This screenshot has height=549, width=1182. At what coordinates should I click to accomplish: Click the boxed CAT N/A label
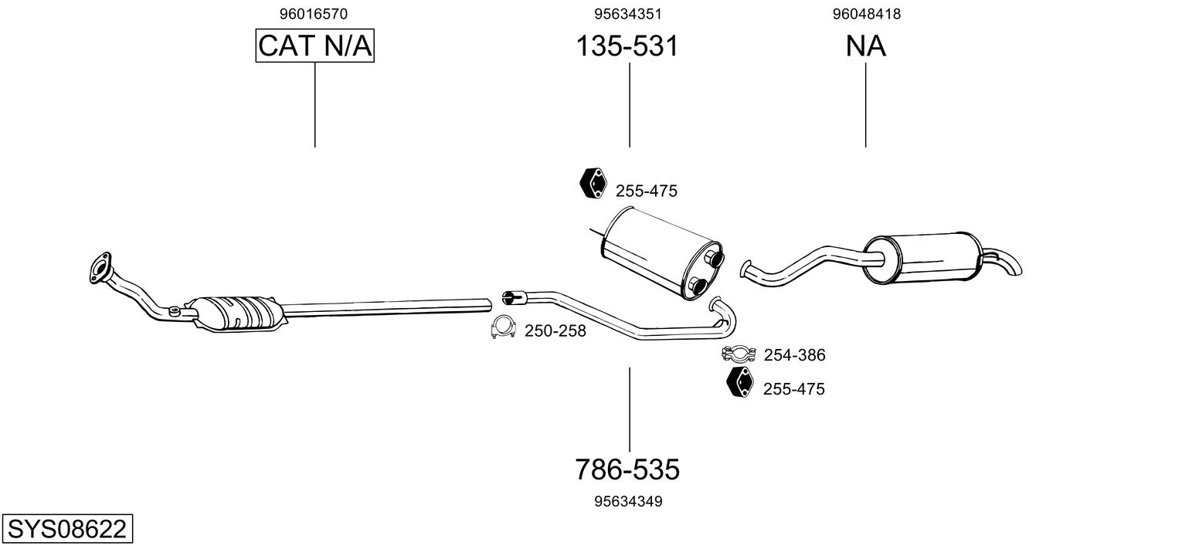[315, 46]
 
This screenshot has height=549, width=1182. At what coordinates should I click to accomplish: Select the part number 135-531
[627, 46]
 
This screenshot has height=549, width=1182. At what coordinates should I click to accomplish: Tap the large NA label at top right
[865, 46]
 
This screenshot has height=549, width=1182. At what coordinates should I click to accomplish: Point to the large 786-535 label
[627, 469]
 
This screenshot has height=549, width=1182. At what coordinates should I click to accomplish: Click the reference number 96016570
[314, 14]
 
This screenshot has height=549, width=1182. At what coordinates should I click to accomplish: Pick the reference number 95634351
[627, 14]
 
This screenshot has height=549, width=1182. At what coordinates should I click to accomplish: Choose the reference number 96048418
[867, 14]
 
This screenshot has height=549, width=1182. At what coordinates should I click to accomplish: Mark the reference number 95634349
[628, 502]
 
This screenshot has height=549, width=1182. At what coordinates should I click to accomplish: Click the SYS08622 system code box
[67, 528]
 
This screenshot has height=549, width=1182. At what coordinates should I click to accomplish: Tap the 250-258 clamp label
[555, 331]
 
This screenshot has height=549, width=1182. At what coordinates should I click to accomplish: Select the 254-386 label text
[794, 355]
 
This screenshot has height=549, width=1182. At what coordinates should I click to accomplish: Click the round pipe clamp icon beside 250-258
[503, 327]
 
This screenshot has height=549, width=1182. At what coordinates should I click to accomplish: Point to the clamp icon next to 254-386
[739, 354]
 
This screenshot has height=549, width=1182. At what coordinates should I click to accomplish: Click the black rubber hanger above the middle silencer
[593, 184]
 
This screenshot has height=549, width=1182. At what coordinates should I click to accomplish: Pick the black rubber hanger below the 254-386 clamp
[740, 381]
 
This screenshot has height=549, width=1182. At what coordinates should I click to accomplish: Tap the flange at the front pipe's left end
[100, 268]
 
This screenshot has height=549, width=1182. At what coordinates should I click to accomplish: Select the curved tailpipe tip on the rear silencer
[1005, 262]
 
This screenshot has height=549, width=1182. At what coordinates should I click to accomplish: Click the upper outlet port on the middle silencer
[715, 259]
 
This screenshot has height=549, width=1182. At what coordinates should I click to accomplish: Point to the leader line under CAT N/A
[315, 105]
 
